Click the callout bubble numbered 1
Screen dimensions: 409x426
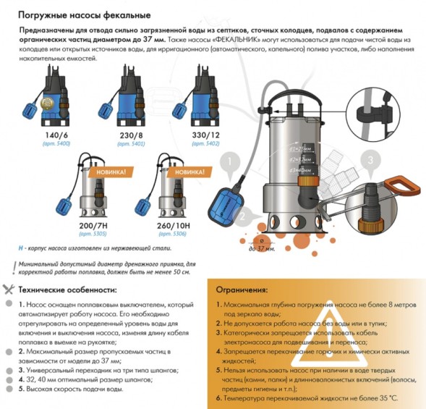[x=229, y=161]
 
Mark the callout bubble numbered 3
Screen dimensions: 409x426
[x=370, y=160]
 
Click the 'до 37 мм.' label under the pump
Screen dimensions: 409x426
[x=261, y=248]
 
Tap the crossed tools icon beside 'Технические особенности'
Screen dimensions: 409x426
[x=8, y=289]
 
